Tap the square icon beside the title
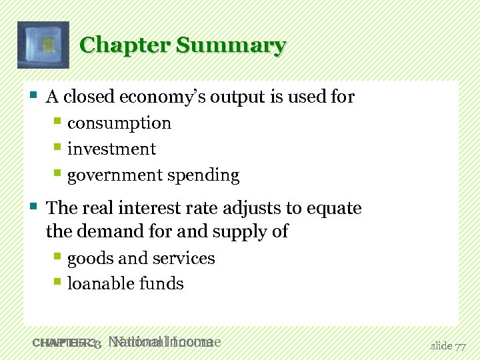click(x=43, y=45)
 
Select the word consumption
click(x=119, y=123)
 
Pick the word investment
click(x=111, y=149)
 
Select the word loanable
click(x=98, y=284)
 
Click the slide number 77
click(x=460, y=346)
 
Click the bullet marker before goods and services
click(x=58, y=257)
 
